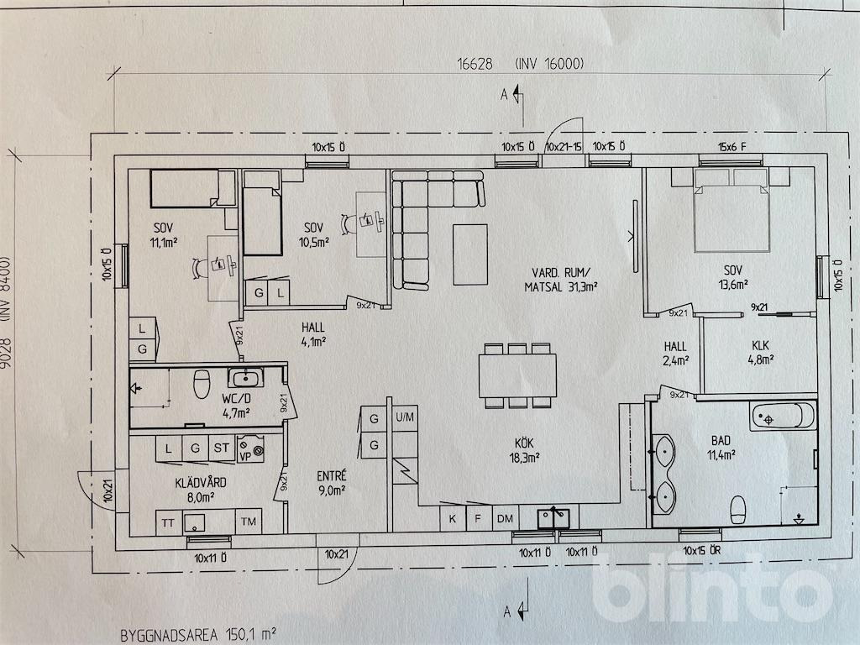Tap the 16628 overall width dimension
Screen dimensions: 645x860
[474, 64]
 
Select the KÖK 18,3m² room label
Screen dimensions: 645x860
[526, 450]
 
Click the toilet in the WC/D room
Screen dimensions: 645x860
[201, 385]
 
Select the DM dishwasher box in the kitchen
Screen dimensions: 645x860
[505, 518]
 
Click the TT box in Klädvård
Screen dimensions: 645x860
[168, 522]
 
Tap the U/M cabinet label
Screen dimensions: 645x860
[405, 417]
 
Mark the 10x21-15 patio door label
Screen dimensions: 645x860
[564, 146]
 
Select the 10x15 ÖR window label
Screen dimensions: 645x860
[701, 552]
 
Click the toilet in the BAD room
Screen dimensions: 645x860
[738, 508]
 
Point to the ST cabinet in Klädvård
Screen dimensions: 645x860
[222, 448]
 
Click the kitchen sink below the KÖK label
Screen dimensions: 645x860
[554, 517]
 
